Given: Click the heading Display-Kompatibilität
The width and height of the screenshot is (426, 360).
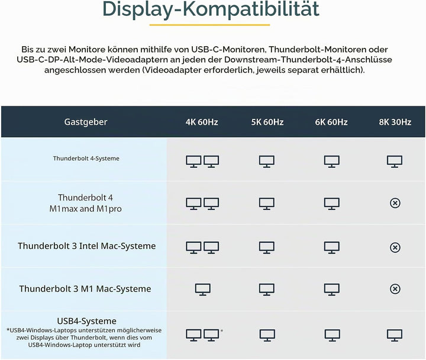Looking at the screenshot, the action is coord(211,9).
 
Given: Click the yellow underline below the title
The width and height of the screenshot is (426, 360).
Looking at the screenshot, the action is coord(209,25).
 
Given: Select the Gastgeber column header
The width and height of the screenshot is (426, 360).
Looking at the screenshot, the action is coord(86,122).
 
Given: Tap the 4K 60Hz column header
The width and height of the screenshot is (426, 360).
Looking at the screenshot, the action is coord(202,122).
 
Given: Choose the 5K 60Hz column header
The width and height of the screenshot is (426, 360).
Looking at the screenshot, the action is coord(267,122).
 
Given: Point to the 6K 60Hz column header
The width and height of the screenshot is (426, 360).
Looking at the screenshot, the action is coord(331,122).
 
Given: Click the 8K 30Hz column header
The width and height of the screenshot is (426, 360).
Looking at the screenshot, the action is coord(395,122).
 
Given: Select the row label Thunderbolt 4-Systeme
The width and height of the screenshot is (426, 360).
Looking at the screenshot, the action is coord(86,158).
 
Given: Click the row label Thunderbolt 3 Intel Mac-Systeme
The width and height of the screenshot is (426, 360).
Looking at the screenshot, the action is coord(86,246).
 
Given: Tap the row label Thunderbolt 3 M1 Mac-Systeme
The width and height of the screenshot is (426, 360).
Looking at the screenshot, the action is coord(85,288).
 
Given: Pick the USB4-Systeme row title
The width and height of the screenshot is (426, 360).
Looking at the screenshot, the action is coord(86,321).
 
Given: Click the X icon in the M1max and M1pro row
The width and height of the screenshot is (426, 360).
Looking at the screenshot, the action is coord(395,203).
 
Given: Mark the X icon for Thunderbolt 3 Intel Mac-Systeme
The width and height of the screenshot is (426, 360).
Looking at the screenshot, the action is coord(395,247).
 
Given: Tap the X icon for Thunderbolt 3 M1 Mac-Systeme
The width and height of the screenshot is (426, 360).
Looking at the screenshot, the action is coord(395,289).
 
